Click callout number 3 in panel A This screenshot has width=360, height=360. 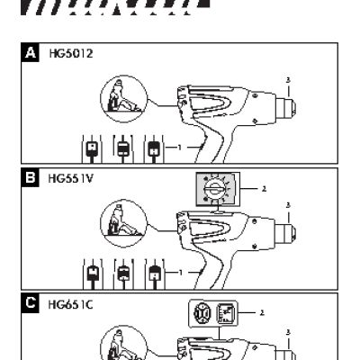288,80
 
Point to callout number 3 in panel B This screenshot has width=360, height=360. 288,205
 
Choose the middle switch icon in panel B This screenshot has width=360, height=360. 123,272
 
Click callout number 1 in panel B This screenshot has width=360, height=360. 180,271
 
